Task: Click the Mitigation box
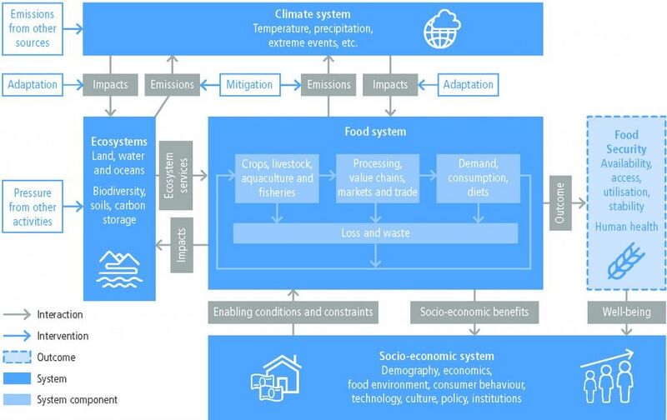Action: pos(250,85)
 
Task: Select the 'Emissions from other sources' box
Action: pos(33,28)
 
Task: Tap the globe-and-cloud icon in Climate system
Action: pos(442,28)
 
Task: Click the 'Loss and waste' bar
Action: pos(376,233)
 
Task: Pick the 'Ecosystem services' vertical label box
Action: pos(176,176)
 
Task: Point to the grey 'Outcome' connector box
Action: pos(560,202)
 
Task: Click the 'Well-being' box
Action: pos(627,312)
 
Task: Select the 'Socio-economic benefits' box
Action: pos(474,312)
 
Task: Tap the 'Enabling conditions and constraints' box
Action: pos(293,312)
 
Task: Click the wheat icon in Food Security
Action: pos(626,261)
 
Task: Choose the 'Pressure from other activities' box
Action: pos(33,207)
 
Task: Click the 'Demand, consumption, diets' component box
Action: pos(478,178)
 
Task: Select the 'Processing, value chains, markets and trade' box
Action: pos(378,178)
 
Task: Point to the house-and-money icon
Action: pos(276,377)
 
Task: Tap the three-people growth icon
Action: pos(608,377)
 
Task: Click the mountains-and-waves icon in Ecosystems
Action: pos(119,269)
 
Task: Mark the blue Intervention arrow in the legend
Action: pos(17,336)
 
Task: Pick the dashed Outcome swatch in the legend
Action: pos(17,357)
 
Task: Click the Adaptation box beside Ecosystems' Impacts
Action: pos(33,85)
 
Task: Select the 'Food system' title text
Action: pos(375,132)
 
